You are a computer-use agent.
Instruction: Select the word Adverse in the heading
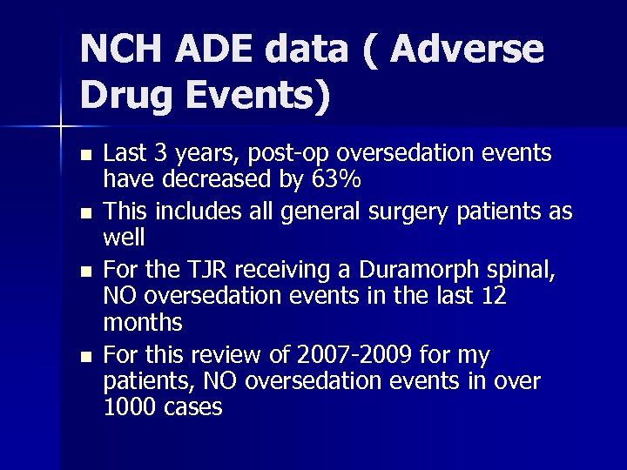point(468,50)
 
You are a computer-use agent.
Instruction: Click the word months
point(143,323)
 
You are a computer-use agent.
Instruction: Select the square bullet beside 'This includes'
point(84,212)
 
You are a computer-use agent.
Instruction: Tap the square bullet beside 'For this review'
point(84,356)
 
